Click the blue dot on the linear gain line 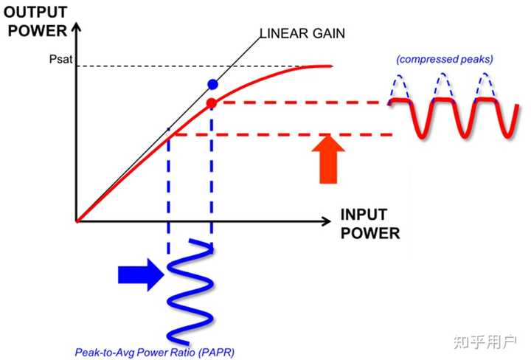click(212, 84)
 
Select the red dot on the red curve click(212, 103)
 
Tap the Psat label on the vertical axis click(61, 59)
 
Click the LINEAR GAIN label click(302, 33)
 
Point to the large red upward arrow click(328, 159)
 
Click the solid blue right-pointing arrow click(141, 274)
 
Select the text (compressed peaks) click(445, 59)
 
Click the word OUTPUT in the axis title click(35, 13)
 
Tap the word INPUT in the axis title click(364, 215)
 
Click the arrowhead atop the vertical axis click(77, 27)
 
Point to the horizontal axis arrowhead click(326, 221)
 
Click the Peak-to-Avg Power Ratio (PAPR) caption click(154, 353)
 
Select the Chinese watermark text click(485, 342)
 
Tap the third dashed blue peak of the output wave click(485, 86)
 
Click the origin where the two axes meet click(77, 222)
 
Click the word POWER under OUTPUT click(38, 31)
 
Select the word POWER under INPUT click(370, 233)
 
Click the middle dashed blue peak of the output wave click(442, 86)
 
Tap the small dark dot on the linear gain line click(169, 129)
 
